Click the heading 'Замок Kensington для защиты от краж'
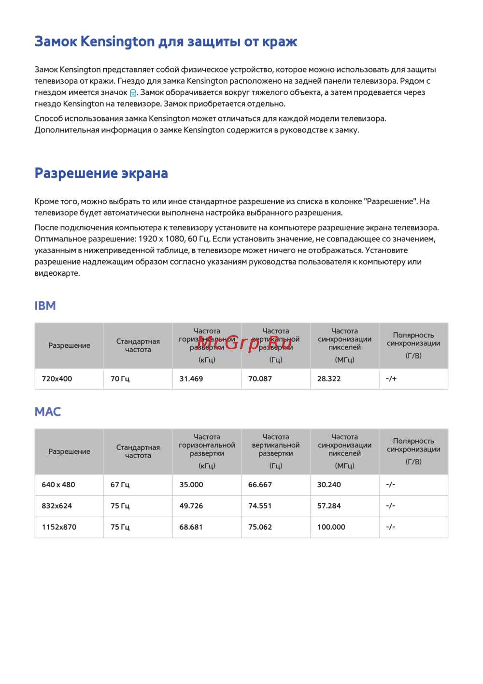(166, 42)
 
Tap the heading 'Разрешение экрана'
(101, 173)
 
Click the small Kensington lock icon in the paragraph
(133, 93)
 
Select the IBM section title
(45, 306)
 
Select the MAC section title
(47, 412)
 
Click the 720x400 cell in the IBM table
(57, 379)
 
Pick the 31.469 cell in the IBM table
(191, 379)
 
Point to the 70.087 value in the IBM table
(260, 379)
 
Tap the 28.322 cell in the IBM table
(329, 379)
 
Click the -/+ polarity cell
(391, 379)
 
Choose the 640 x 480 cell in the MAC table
(58, 485)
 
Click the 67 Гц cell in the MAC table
(120, 485)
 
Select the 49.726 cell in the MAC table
(191, 506)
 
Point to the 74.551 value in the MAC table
(260, 506)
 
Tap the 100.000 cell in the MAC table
(331, 527)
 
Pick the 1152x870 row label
(59, 527)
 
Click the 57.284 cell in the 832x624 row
(329, 506)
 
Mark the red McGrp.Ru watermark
(244, 343)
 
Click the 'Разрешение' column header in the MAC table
(69, 451)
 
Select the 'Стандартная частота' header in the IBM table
(138, 345)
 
